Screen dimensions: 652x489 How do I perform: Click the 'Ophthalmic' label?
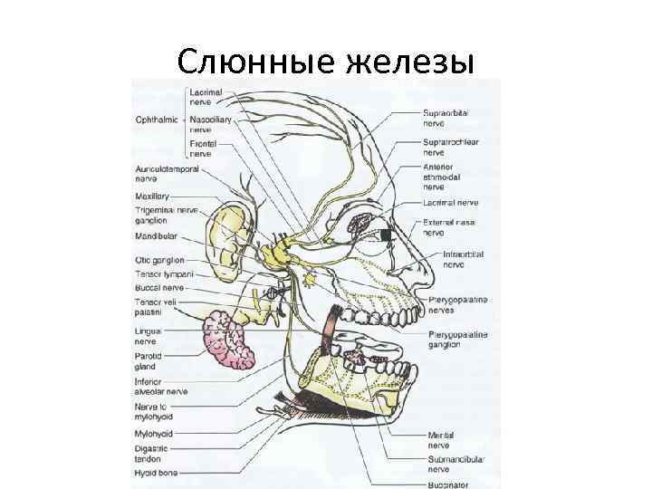click(x=156, y=120)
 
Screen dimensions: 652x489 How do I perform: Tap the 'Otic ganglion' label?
click(x=159, y=260)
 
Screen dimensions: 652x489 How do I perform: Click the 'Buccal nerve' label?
click(x=158, y=287)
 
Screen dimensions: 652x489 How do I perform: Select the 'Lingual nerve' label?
click(x=149, y=337)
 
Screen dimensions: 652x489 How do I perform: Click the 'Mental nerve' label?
click(x=441, y=441)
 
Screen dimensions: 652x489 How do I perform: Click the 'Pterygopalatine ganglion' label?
click(x=457, y=339)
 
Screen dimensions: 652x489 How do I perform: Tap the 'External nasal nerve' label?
click(x=448, y=225)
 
